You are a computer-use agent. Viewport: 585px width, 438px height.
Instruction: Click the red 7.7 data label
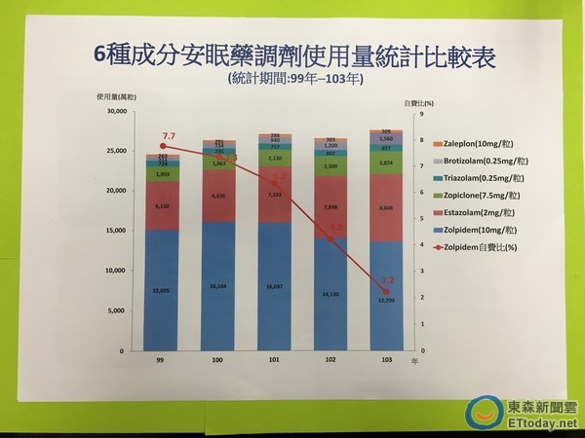coord(169,136)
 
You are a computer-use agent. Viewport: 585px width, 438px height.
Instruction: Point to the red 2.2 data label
coord(388,279)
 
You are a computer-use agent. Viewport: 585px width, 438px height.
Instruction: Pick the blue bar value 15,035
coord(161,290)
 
